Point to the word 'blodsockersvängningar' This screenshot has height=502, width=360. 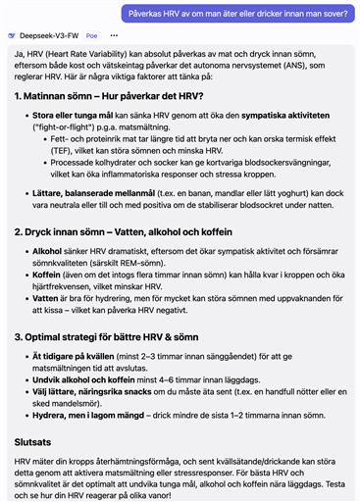pyautogui.click(x=265, y=166)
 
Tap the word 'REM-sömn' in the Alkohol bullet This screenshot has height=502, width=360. pyautogui.click(x=134, y=263)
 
